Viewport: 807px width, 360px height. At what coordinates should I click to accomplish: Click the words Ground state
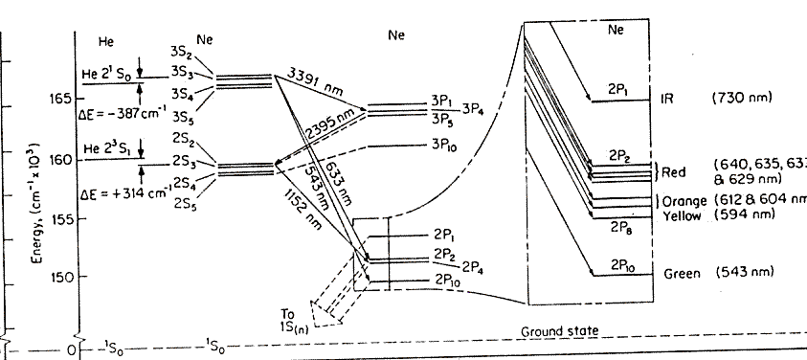tap(560, 331)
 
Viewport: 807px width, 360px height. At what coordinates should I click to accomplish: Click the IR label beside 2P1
tap(668, 99)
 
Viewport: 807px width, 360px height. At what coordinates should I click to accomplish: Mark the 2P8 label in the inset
tap(620, 228)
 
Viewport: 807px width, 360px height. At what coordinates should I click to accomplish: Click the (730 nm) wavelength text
tap(742, 99)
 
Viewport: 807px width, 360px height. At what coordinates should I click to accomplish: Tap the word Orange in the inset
tap(684, 201)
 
